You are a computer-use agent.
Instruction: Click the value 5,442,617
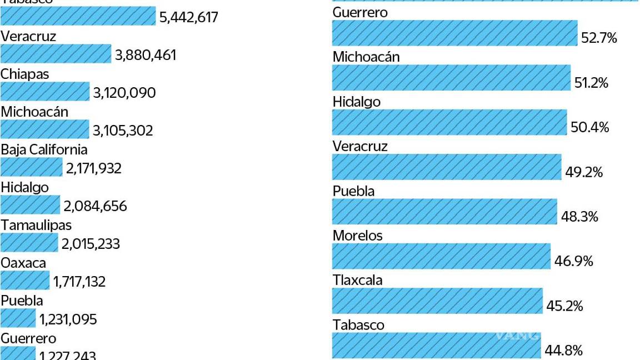(188, 17)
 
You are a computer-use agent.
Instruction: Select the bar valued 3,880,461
(56, 54)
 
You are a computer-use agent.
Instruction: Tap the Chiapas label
(24, 74)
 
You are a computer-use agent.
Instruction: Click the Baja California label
(44, 149)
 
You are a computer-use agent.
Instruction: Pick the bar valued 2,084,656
(30, 205)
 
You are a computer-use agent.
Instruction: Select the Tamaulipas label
(36, 225)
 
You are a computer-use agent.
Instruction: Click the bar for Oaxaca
(25, 281)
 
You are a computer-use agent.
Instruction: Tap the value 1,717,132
(79, 282)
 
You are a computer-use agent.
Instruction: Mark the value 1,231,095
(68, 319)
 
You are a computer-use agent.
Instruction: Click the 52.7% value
(599, 38)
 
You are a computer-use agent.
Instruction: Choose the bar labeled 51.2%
(451, 77)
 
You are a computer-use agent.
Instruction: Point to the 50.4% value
(589, 128)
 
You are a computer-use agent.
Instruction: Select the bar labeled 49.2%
(447, 167)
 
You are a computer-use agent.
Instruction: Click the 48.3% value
(579, 217)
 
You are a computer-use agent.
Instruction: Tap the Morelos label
(357, 235)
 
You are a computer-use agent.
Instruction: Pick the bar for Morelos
(441, 256)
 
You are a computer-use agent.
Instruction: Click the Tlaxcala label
(357, 279)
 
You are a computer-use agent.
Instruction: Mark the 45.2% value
(564, 306)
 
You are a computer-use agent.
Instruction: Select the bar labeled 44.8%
(436, 345)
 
